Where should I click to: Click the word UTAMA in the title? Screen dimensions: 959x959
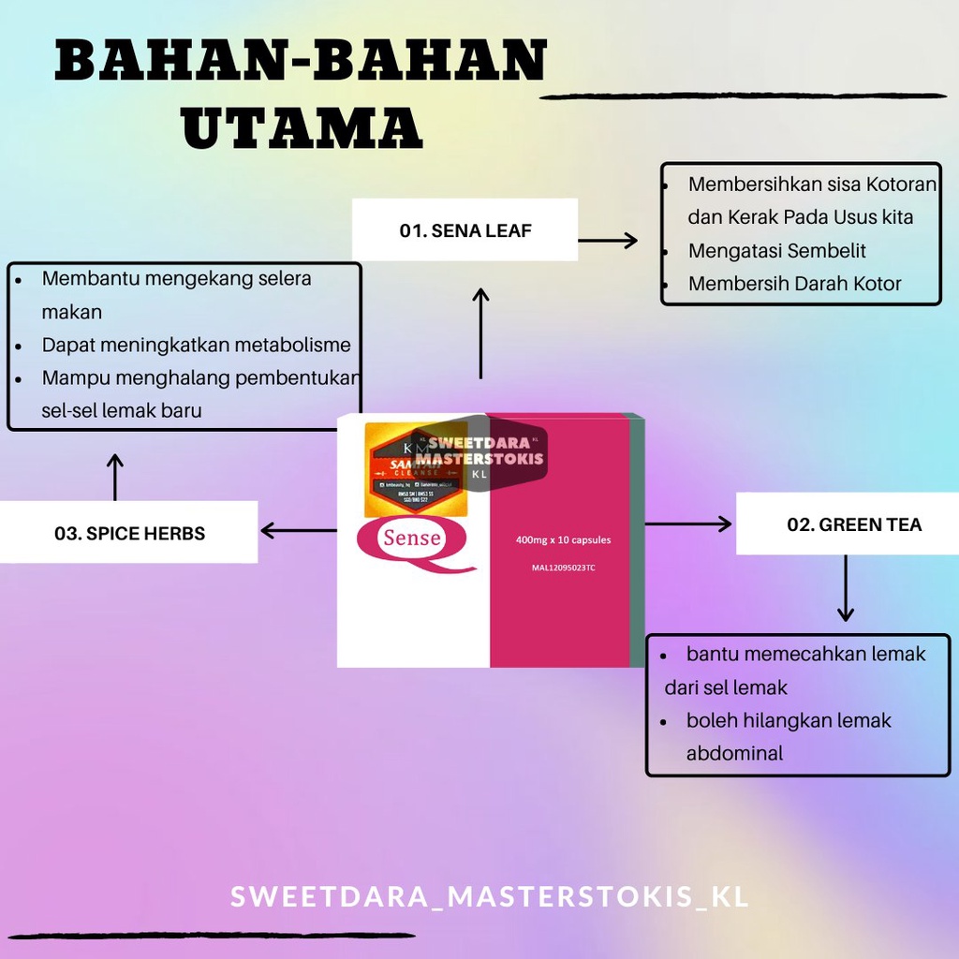pyautogui.click(x=302, y=129)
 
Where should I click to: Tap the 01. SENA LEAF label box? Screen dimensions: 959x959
pyautogui.click(x=465, y=230)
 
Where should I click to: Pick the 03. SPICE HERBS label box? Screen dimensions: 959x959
pyautogui.click(x=129, y=533)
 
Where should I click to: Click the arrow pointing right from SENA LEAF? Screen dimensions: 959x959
pyautogui.click(x=608, y=241)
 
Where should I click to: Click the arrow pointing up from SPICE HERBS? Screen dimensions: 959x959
pyautogui.click(x=115, y=477)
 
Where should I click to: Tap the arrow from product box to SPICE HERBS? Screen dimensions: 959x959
pyautogui.click(x=298, y=531)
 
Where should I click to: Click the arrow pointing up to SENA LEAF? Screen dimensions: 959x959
pyautogui.click(x=480, y=332)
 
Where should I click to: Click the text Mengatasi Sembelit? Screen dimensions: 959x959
pyautogui.click(x=776, y=251)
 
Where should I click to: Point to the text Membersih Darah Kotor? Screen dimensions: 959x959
pyautogui.click(x=794, y=284)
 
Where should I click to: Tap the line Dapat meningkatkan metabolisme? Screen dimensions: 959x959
pyautogui.click(x=196, y=345)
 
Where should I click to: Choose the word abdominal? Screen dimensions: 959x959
pyautogui.click(x=734, y=753)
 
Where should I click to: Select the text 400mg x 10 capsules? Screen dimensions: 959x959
pyautogui.click(x=563, y=539)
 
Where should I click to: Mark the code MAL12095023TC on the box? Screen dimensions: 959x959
pyautogui.click(x=555, y=568)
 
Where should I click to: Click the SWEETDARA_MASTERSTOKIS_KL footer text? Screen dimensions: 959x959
pyautogui.click(x=489, y=895)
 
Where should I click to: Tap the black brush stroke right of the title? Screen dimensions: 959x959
pyautogui.click(x=744, y=96)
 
